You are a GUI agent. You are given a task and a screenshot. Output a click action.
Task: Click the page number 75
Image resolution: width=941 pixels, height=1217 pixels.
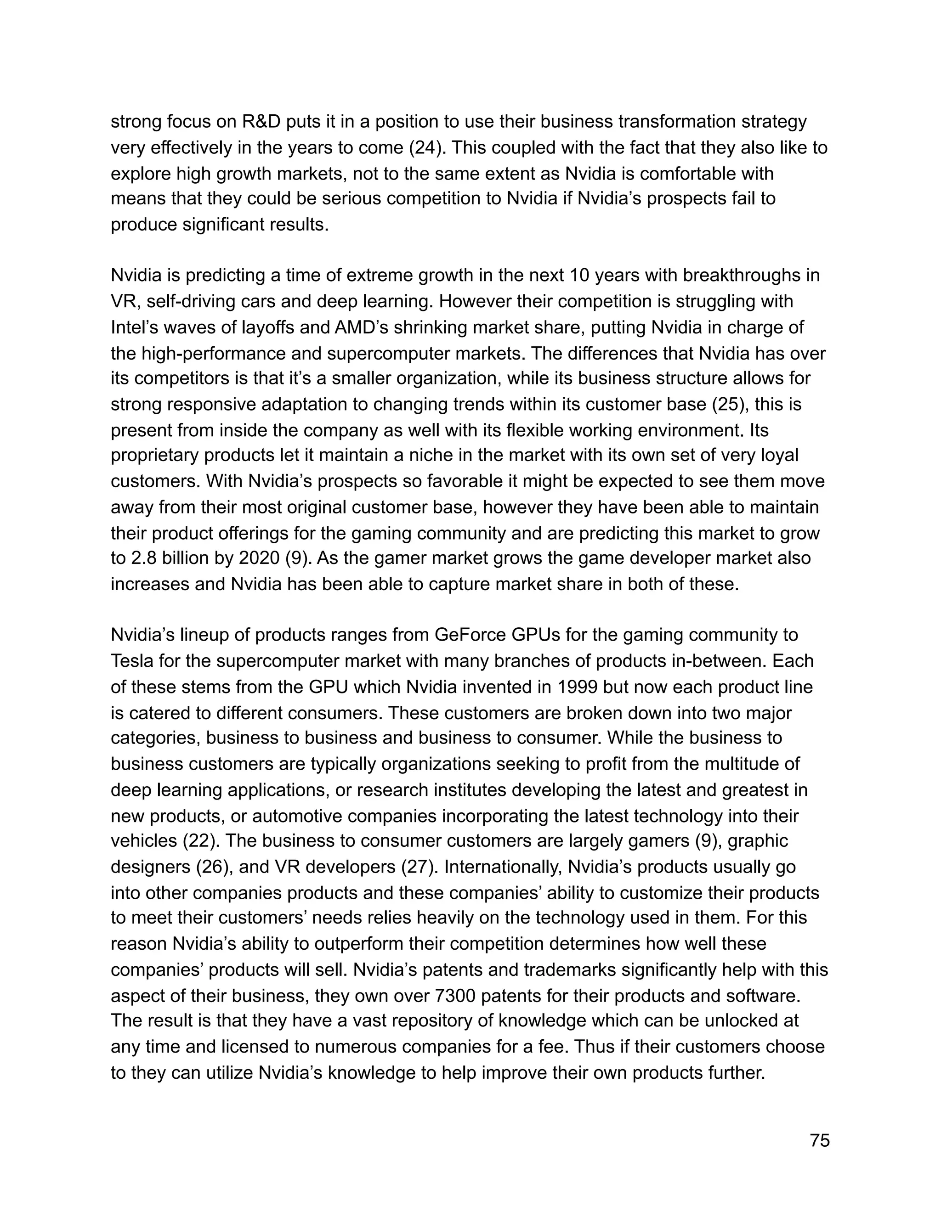[820, 1141]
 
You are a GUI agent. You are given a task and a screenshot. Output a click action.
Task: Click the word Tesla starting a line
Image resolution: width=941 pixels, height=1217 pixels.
[131, 661]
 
